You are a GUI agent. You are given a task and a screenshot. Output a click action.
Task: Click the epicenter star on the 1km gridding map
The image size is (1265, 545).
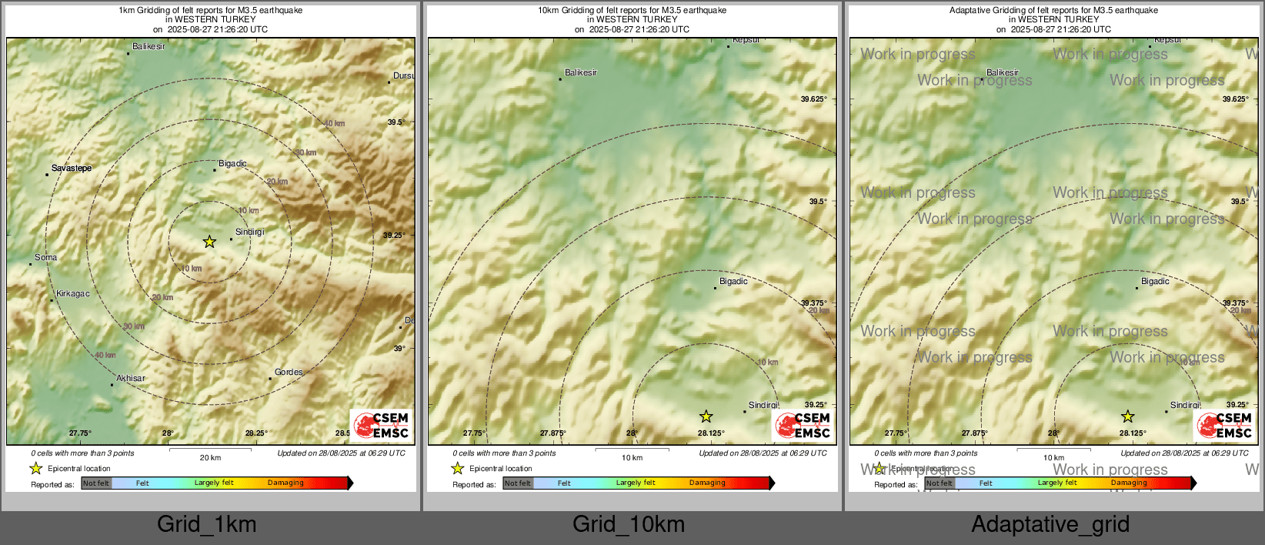209,242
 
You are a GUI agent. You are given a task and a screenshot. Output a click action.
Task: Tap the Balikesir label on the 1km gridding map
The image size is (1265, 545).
149,47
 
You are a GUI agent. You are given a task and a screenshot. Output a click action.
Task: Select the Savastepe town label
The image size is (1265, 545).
72,168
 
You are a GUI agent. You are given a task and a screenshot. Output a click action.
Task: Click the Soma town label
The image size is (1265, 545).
45,258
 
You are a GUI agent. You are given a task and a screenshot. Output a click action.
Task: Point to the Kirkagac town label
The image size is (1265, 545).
73,294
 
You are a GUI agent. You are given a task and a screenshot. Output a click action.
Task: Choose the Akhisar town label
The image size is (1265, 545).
131,379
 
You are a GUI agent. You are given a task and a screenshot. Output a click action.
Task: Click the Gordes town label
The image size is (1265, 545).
289,373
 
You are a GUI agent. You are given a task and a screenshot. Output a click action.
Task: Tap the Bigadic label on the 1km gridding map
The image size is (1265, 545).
232,164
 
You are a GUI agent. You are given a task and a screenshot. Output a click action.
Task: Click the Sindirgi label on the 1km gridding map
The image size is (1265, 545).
249,232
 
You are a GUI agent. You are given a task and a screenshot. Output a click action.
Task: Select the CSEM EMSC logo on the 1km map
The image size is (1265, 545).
382,426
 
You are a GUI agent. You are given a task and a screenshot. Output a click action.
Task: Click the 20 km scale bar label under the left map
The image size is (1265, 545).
210,458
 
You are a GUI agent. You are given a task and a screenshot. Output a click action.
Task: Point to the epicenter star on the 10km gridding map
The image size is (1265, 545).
706,417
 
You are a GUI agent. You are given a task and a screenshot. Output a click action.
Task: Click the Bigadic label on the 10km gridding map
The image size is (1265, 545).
733,282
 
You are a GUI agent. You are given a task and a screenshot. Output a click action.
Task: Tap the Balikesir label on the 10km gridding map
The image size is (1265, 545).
581,73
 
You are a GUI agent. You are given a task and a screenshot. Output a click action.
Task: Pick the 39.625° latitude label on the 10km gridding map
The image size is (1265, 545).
813,99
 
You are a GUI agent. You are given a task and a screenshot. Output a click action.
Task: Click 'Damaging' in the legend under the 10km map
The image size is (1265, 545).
707,483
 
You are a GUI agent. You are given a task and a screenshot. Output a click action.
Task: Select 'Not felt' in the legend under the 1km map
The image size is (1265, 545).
96,483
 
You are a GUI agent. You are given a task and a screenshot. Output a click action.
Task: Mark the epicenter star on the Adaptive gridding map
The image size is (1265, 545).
1128,417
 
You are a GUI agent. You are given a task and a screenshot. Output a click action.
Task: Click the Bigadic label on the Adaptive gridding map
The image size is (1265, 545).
1155,282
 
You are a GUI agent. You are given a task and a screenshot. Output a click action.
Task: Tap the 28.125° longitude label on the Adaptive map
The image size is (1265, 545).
1133,433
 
